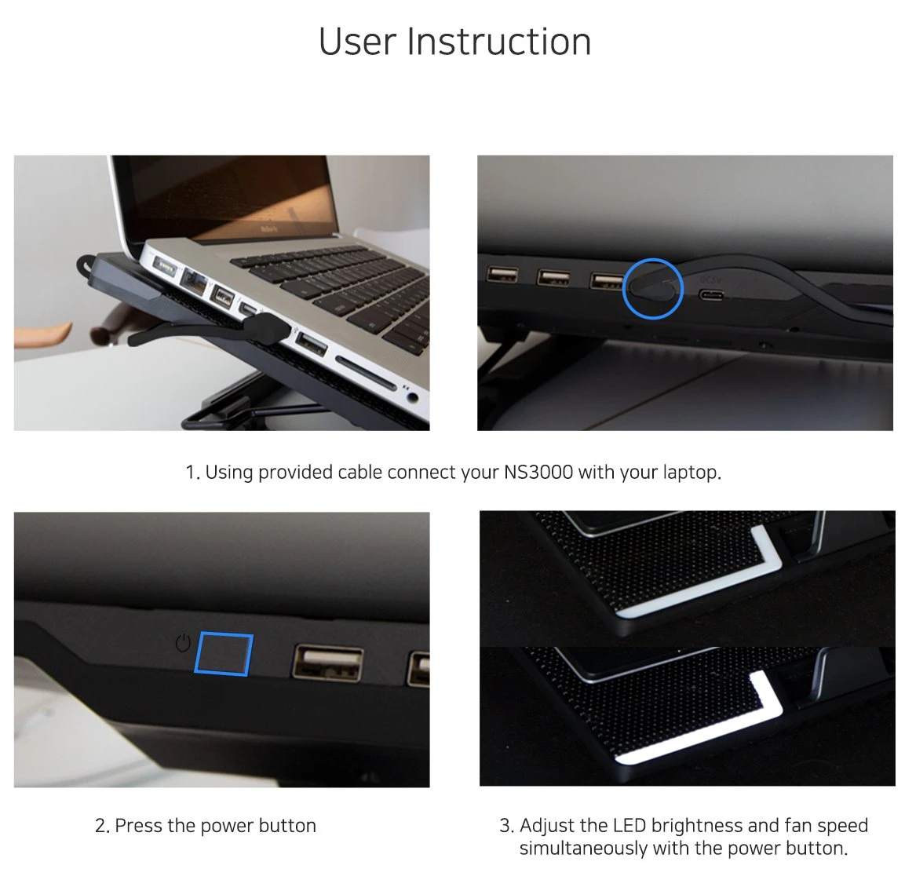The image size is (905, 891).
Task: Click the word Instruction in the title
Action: click(499, 42)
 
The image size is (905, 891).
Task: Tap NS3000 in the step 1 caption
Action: click(538, 472)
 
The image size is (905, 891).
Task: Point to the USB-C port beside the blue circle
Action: click(713, 295)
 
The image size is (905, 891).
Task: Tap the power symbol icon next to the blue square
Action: click(183, 643)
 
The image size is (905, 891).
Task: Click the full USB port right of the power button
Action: click(328, 662)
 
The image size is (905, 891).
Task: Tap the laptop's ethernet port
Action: click(193, 282)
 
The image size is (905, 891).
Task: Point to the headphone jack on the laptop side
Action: click(412, 397)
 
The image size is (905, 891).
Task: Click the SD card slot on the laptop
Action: click(366, 372)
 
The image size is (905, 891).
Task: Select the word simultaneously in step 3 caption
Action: click(583, 849)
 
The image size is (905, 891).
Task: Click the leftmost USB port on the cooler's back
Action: click(502, 274)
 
